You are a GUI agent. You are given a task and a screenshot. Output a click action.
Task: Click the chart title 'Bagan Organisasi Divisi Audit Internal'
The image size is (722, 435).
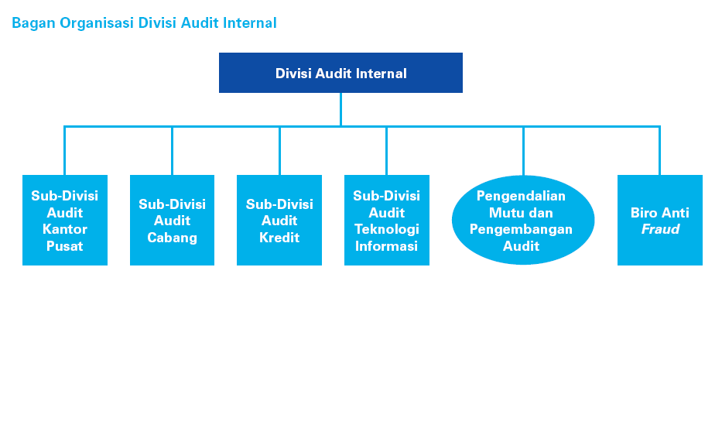[144, 23]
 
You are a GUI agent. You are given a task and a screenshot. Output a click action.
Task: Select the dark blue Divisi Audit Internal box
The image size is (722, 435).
[340, 73]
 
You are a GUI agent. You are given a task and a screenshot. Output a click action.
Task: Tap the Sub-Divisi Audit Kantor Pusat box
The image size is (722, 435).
[65, 221]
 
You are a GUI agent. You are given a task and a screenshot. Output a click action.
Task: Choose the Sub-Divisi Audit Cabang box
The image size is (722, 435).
[172, 221]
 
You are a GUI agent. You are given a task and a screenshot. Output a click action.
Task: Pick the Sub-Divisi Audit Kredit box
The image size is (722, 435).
[279, 221]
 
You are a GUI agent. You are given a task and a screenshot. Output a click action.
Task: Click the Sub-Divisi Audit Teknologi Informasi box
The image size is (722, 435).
[386, 221]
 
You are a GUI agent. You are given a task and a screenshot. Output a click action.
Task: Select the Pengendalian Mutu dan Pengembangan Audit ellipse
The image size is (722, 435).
[522, 221]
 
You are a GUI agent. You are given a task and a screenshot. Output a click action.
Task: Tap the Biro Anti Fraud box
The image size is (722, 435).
[659, 220]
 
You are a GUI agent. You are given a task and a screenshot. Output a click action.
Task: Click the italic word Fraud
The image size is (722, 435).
[660, 229]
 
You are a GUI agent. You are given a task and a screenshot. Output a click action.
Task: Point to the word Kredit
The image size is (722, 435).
[279, 238]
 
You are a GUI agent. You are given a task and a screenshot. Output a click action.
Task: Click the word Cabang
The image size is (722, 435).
[172, 238]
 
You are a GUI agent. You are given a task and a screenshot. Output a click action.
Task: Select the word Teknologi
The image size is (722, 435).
[386, 229]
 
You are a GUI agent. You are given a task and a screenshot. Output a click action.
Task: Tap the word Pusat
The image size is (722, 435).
[65, 246]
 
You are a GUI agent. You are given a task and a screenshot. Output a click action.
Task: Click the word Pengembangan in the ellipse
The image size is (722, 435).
[521, 229]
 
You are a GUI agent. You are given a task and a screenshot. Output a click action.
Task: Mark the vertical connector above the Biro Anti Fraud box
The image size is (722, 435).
[659, 151]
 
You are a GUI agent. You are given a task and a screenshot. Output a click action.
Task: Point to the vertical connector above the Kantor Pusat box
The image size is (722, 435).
[65, 151]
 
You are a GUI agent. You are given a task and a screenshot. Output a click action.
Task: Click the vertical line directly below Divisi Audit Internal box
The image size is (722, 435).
[340, 109]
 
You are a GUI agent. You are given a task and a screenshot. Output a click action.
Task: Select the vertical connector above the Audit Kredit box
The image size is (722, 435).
[279, 151]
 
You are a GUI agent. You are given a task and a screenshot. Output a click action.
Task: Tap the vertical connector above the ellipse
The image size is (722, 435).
[523, 151]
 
